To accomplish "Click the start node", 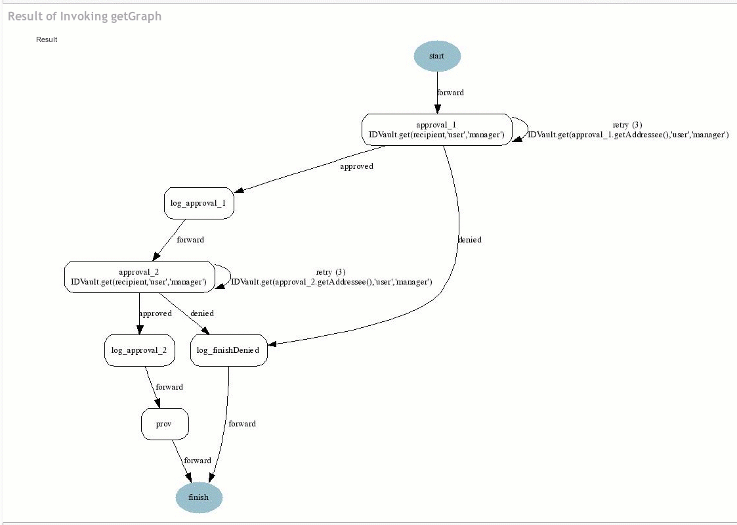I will (437, 56).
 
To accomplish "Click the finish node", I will (199, 497).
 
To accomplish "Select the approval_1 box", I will (436, 129).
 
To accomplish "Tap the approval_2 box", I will (139, 277).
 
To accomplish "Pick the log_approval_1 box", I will (198, 203).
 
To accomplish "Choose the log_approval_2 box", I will (139, 350).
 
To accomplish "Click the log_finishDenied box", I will (228, 350).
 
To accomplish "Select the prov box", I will (164, 424).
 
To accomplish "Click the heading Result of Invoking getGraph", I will (85, 16).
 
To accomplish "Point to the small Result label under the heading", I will (47, 39).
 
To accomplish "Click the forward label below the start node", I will (450, 93).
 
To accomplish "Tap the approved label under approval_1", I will (356, 166).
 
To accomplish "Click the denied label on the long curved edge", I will (469, 240).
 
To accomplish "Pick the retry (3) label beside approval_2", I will (331, 272).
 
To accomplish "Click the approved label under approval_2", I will (156, 313).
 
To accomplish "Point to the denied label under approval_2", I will (202, 313).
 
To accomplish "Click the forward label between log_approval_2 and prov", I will (169, 387).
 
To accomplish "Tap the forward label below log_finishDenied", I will (242, 424).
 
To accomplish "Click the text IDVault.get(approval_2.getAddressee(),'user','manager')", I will (331, 282).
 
